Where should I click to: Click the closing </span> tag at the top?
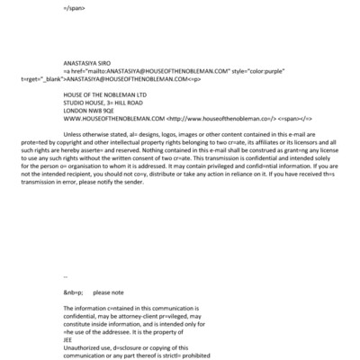(x=76, y=6)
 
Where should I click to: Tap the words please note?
(x=109, y=292)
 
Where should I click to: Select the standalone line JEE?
(x=69, y=337)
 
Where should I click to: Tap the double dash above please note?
(x=66, y=277)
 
